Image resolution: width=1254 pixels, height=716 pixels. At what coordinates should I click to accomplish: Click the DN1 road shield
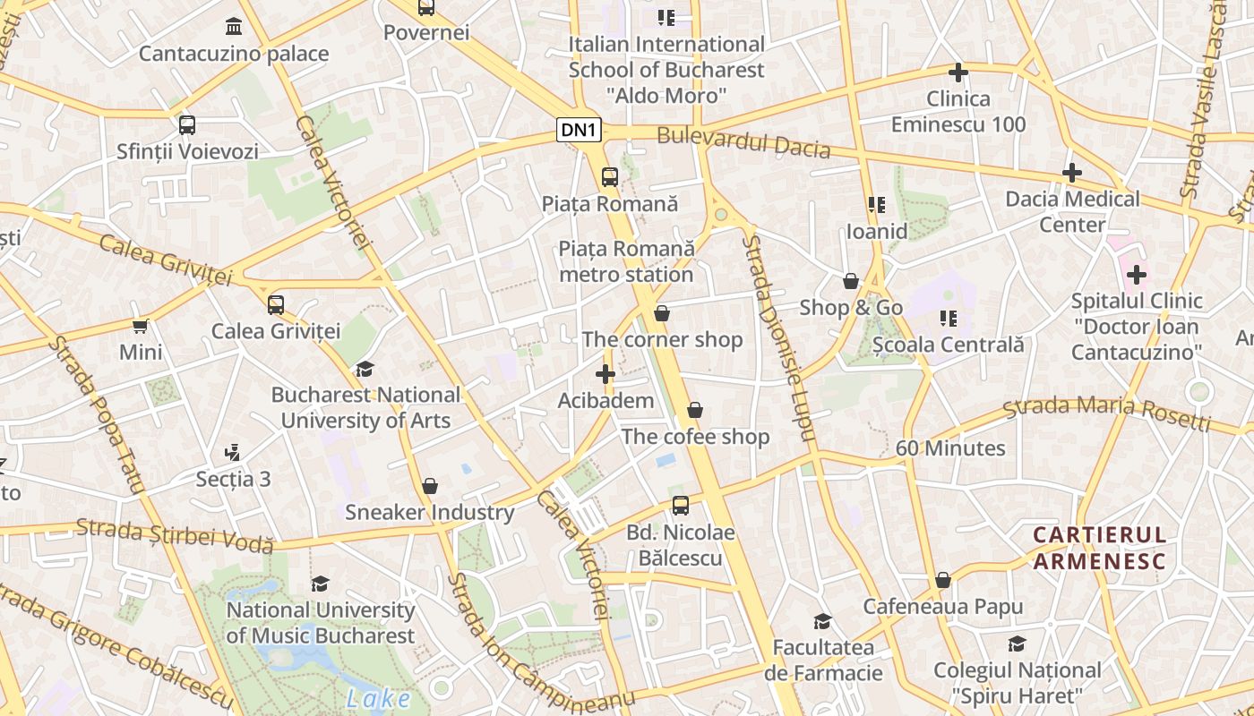(x=579, y=131)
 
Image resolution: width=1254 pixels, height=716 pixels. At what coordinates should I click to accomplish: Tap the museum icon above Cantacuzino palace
(x=234, y=25)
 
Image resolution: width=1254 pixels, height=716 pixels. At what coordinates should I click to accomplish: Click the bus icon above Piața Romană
(x=610, y=176)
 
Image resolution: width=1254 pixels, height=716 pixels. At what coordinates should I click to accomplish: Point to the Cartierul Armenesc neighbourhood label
(x=1099, y=548)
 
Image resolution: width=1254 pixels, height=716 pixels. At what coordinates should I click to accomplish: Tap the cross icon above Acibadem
(x=606, y=374)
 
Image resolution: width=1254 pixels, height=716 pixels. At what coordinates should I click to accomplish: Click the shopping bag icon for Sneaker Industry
(x=430, y=486)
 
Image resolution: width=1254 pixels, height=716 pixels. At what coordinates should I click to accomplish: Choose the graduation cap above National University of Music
(x=320, y=584)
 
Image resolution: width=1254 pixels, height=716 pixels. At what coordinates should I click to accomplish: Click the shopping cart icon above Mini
(x=141, y=326)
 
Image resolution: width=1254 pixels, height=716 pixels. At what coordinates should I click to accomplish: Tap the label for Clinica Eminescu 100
(x=958, y=111)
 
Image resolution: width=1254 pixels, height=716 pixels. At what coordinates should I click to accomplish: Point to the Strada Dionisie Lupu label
(x=777, y=338)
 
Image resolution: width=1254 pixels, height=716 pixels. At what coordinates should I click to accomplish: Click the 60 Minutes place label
(x=950, y=448)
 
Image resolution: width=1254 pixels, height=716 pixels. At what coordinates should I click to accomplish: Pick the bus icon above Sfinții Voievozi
(x=186, y=125)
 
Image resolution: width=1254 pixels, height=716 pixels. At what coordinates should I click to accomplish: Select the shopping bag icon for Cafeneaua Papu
(x=942, y=581)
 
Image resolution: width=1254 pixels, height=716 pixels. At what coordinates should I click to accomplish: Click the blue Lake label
(x=378, y=699)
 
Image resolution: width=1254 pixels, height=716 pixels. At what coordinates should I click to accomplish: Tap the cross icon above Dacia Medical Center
(x=1072, y=173)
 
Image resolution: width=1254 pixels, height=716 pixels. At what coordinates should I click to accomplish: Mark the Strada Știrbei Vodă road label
(x=174, y=534)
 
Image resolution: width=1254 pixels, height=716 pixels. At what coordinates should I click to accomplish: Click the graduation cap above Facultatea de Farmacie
(x=822, y=621)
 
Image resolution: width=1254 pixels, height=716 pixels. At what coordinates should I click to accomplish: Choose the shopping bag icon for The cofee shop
(x=695, y=411)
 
